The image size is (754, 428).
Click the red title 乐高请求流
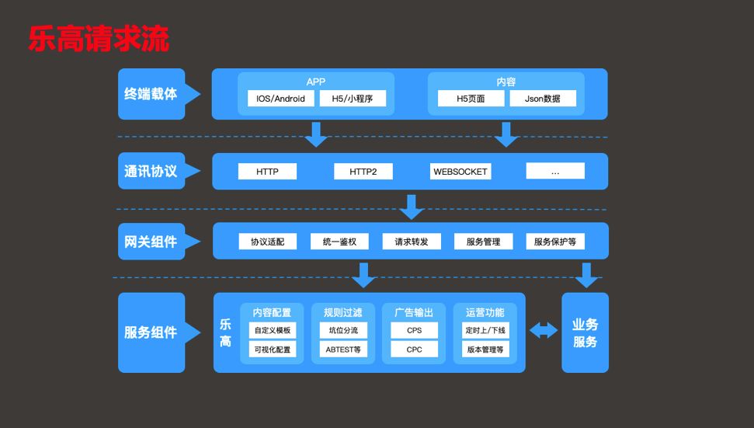(x=99, y=39)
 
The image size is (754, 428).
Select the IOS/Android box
(x=280, y=99)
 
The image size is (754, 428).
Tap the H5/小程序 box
(x=353, y=99)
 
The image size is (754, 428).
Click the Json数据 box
(x=543, y=99)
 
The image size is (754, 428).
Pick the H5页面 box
(x=471, y=99)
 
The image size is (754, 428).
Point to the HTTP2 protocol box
(x=363, y=172)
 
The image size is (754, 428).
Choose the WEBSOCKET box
(x=460, y=172)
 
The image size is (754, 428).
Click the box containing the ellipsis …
(x=554, y=172)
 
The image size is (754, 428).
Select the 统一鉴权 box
(x=339, y=242)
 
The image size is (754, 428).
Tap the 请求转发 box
(x=411, y=242)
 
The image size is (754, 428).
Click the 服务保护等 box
(x=554, y=242)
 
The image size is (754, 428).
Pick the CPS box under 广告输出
(x=414, y=330)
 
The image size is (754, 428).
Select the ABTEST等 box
(x=342, y=350)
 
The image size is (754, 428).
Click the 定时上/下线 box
(x=485, y=330)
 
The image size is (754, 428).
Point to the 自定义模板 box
(x=272, y=330)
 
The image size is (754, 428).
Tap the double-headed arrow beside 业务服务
(x=544, y=331)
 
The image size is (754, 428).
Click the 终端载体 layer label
(x=151, y=94)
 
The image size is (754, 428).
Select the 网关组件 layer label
(x=151, y=242)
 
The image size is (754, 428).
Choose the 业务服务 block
(x=585, y=332)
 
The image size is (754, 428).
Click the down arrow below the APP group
(x=316, y=134)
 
